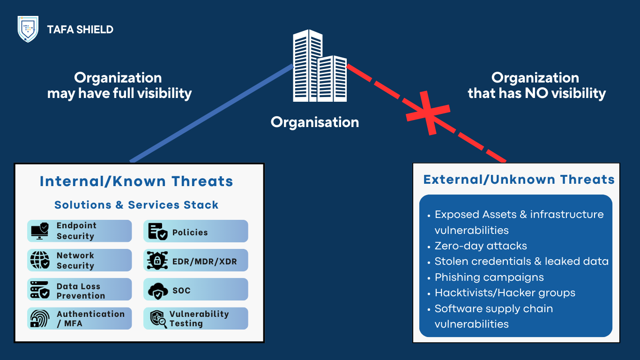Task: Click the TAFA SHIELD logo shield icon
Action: tap(28, 29)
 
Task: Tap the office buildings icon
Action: tap(320, 67)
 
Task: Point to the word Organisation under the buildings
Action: tap(315, 122)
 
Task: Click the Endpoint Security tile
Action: tap(80, 231)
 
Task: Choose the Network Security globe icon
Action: tap(40, 260)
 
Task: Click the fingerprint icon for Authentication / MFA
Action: tap(40, 318)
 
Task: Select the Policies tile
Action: tap(195, 232)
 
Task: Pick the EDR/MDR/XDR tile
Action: tap(195, 261)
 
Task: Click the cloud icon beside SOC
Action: tap(158, 291)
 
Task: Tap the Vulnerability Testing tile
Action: tap(195, 319)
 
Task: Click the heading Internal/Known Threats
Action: tap(136, 181)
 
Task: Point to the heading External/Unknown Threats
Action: tap(519, 180)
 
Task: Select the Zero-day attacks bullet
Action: tap(481, 246)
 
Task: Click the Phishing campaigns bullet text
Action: tap(489, 277)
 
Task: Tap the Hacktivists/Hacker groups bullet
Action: tap(505, 293)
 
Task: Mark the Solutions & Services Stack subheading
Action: tap(136, 205)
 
